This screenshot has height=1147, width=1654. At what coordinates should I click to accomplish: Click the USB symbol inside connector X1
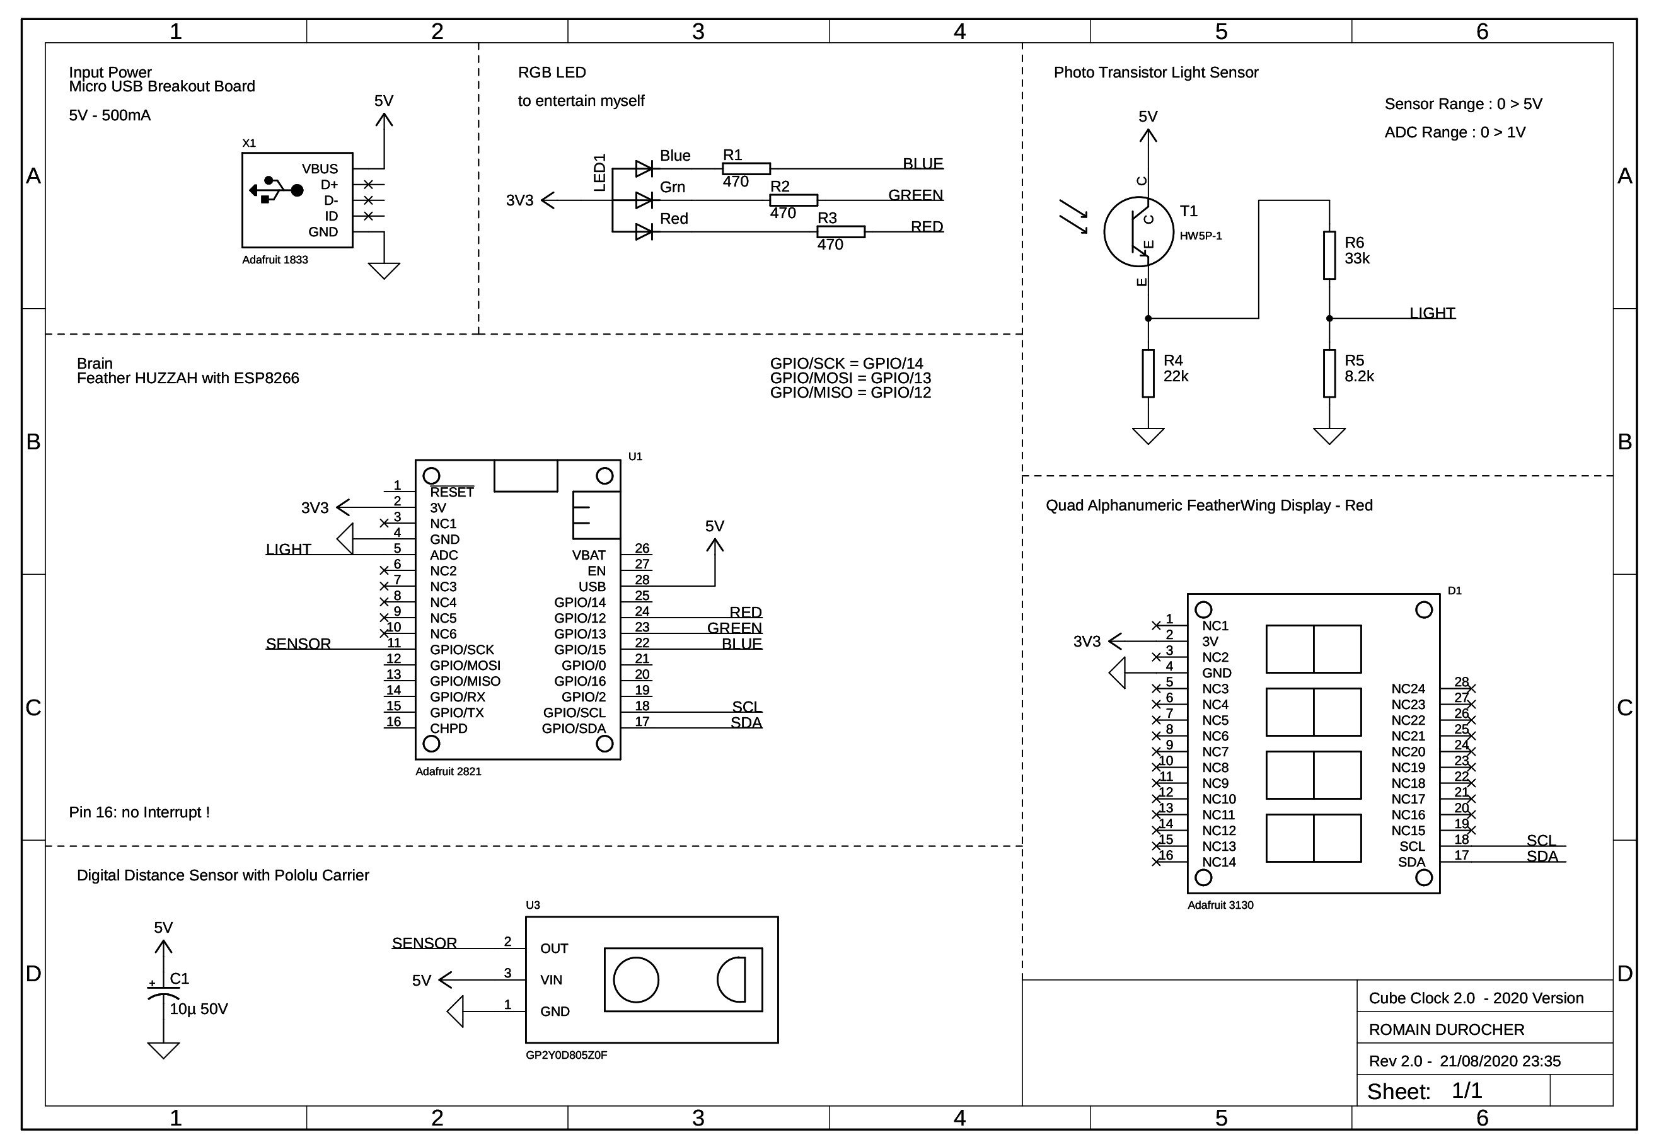click(276, 190)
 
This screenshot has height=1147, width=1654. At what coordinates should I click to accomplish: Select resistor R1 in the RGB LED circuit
click(746, 169)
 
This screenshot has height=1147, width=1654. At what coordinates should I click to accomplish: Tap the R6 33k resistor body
click(1329, 255)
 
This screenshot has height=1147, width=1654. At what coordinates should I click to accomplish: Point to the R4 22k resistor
click(1148, 373)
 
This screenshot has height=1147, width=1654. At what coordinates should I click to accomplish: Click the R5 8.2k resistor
click(1329, 373)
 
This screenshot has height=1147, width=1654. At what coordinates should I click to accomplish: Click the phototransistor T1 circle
click(1138, 231)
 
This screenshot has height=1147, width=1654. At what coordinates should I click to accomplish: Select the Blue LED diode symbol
click(644, 169)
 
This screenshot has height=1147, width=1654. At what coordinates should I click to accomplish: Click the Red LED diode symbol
click(644, 231)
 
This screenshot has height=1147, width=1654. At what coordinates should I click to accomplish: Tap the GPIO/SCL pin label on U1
click(574, 712)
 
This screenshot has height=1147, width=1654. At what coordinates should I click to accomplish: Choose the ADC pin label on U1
click(444, 555)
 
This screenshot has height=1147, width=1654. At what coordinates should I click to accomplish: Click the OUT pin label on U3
click(554, 948)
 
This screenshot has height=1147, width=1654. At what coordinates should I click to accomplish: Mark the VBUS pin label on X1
click(320, 169)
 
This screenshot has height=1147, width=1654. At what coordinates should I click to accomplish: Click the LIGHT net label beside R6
click(1432, 313)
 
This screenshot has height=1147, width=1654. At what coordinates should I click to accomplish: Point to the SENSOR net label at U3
click(424, 942)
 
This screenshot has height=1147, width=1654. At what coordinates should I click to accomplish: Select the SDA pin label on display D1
click(1412, 862)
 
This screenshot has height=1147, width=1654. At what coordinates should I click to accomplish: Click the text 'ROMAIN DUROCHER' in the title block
click(1446, 1029)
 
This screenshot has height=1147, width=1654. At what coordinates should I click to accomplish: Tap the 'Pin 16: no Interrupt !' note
click(139, 812)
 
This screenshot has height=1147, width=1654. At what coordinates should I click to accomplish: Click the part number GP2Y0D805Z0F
click(567, 1055)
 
